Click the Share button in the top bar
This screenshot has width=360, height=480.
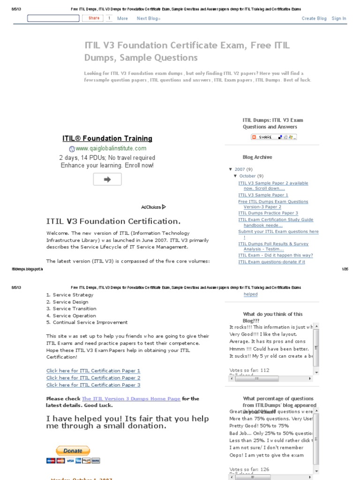tap(94, 18)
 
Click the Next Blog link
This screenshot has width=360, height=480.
tap(148, 19)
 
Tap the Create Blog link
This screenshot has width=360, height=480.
tap(314, 19)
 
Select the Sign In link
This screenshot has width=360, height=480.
tap(339, 19)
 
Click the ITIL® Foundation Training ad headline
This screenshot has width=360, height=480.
tap(107, 138)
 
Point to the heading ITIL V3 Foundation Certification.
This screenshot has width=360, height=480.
tap(113, 221)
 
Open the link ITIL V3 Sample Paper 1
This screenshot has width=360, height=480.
tap(263, 195)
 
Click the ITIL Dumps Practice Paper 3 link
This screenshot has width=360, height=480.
tap(268, 213)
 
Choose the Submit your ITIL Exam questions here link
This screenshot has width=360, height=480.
tap(278, 232)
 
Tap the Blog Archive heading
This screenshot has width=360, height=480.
tap(257, 157)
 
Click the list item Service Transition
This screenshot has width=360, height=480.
tap(74, 308)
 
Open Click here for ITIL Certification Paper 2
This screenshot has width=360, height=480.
tap(93, 378)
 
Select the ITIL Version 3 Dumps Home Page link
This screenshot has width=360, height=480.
tap(131, 398)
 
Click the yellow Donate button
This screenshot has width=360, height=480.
tap(73, 451)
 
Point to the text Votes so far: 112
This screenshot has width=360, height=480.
tap(249, 370)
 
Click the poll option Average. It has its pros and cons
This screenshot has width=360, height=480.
tap(267, 341)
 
